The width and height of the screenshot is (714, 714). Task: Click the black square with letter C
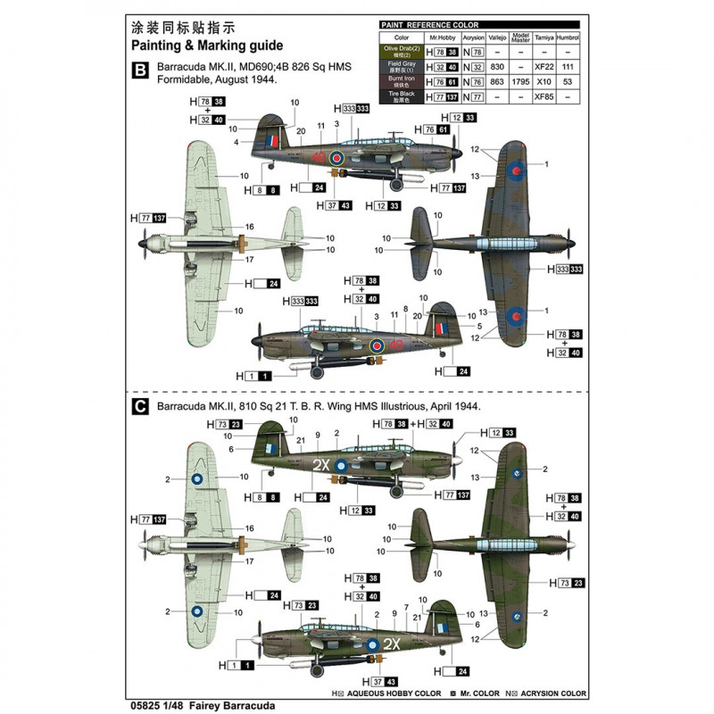coord(139,406)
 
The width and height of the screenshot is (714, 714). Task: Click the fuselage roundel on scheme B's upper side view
coord(336,157)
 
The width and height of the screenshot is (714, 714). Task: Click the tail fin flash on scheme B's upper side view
coord(270,139)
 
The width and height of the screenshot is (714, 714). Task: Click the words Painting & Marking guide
coord(206,45)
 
